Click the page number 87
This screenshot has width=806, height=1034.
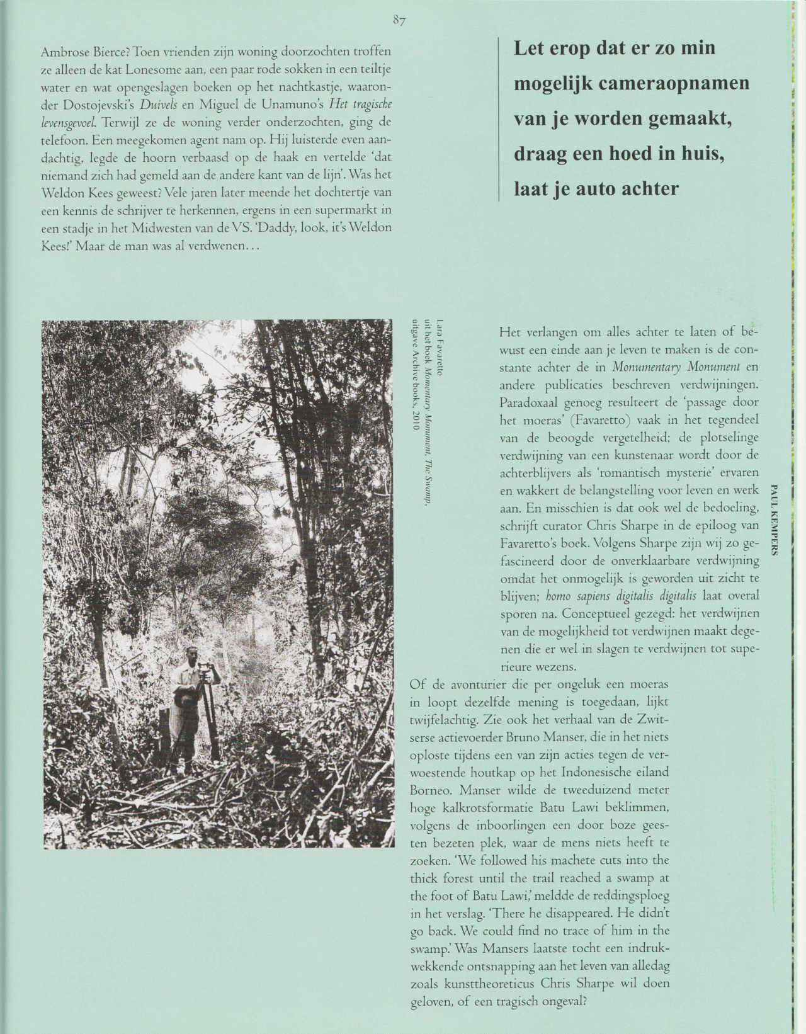[399, 20]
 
